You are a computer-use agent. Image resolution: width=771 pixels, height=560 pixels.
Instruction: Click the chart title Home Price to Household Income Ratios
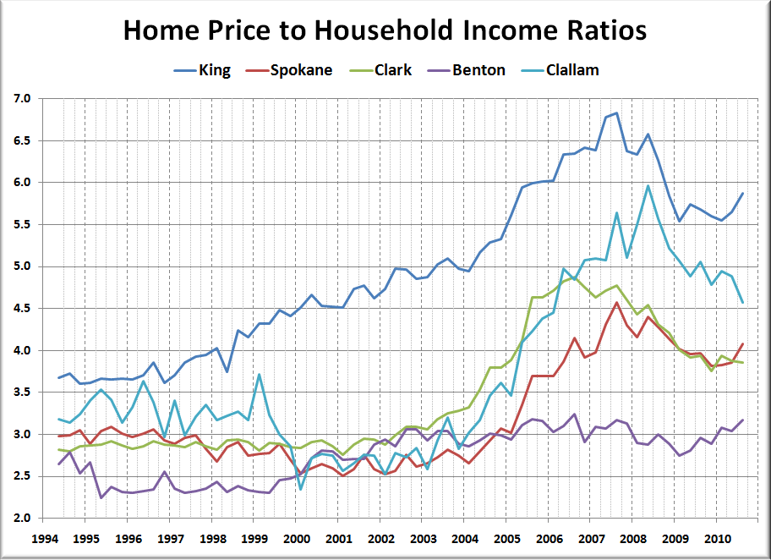pyautogui.click(x=385, y=30)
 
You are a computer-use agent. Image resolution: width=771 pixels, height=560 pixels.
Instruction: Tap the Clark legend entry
pyautogui.click(x=380, y=69)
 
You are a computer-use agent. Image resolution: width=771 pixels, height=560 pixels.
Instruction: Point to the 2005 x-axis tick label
pyautogui.click(x=507, y=539)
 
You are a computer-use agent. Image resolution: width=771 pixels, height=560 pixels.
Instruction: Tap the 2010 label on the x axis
pyautogui.click(x=718, y=539)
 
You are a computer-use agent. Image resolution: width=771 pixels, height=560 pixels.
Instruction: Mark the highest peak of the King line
pyautogui.click(x=616, y=113)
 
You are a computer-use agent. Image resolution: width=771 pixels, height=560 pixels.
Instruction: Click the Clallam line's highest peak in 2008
pyautogui.click(x=648, y=186)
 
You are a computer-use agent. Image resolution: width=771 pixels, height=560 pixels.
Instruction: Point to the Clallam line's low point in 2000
pyautogui.click(x=300, y=489)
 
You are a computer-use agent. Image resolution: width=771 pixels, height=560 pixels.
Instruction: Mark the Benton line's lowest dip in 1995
pyautogui.click(x=101, y=497)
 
